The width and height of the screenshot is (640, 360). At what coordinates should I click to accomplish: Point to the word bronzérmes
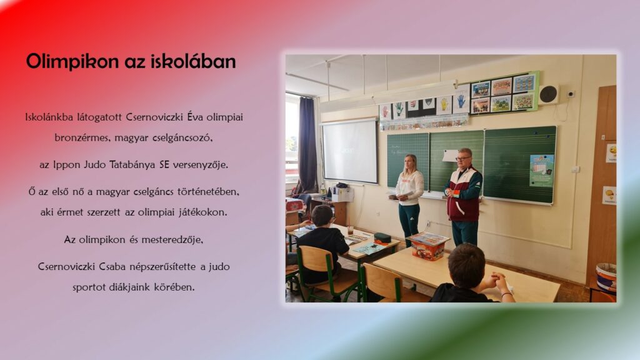pos(83,137)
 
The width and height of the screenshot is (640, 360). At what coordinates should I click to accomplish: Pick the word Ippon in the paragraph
pos(66,165)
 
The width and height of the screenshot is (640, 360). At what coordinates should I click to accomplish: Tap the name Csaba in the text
pos(112,266)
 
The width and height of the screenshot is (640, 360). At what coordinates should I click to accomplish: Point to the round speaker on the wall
pos(549,94)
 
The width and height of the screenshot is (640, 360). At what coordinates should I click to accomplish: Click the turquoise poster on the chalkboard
pos(542,171)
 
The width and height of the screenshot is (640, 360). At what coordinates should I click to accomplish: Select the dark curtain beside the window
pos(307,145)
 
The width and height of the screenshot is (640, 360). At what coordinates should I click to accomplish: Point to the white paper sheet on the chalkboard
pos(450,156)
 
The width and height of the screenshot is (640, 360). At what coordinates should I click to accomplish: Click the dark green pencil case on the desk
pos(382,237)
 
